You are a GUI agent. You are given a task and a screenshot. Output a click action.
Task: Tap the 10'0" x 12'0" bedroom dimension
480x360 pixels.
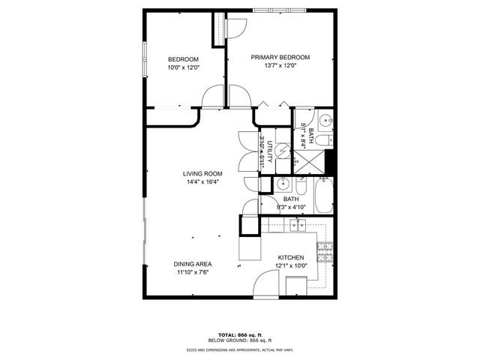[x=183, y=68]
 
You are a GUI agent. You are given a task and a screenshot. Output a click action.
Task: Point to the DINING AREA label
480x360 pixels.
[x=193, y=264]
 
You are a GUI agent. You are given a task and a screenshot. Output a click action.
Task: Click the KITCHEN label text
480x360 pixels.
[x=289, y=256]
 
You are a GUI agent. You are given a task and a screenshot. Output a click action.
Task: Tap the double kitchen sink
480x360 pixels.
[x=298, y=225]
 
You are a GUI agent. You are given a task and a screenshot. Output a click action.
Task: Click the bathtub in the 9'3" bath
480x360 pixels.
[x=322, y=196]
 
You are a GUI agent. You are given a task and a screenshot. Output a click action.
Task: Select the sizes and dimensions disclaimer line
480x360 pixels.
[x=240, y=350]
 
